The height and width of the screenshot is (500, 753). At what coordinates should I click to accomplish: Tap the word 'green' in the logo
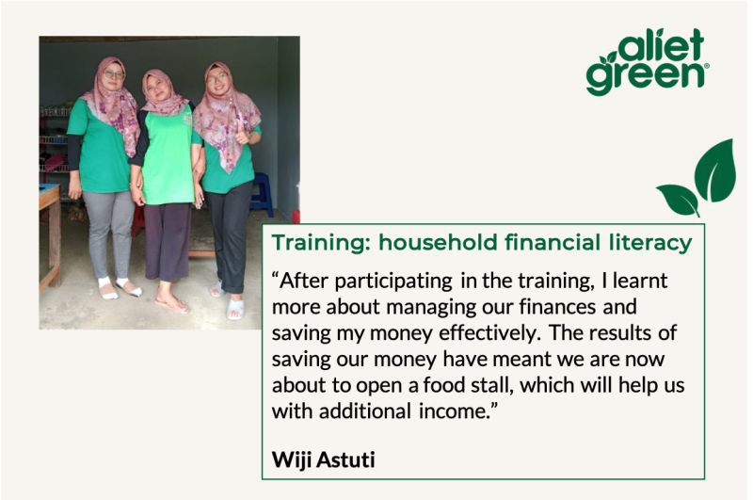(x=645, y=77)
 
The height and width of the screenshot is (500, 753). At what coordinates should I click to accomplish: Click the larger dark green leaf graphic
(x=716, y=170)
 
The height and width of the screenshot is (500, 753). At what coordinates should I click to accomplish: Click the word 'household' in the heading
(x=438, y=242)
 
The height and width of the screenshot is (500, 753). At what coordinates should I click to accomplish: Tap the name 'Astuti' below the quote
(x=345, y=460)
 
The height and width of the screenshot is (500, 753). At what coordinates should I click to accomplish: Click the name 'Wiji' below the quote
(x=292, y=460)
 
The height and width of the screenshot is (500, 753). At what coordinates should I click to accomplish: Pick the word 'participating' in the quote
(x=393, y=282)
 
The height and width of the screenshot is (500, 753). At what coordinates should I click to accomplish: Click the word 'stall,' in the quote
(x=492, y=385)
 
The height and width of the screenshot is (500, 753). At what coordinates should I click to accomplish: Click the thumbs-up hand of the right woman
(x=242, y=137)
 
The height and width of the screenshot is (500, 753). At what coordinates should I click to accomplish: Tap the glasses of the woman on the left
(x=114, y=74)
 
